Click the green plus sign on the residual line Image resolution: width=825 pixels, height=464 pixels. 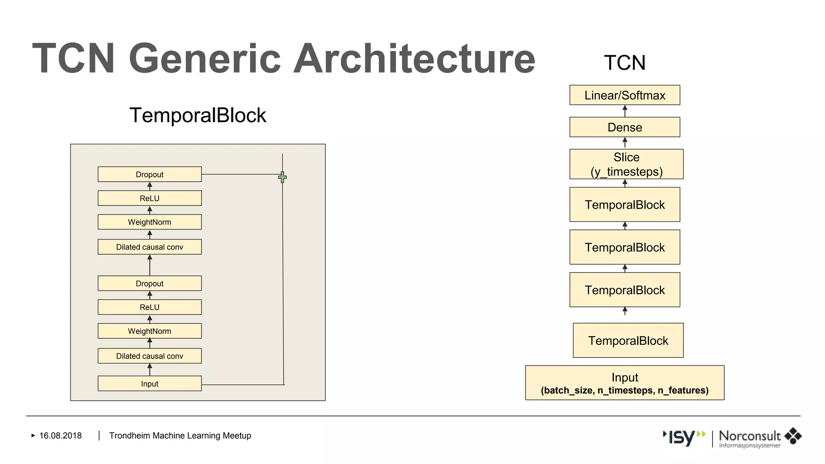(282, 177)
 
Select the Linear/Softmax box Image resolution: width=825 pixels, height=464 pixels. (624, 95)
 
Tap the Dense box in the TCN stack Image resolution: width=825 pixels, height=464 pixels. (624, 127)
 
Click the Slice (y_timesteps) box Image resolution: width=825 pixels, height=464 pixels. (626, 164)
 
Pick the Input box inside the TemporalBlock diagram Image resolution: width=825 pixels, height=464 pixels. (149, 383)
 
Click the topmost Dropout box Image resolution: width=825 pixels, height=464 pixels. (149, 174)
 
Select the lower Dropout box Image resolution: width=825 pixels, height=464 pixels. (149, 283)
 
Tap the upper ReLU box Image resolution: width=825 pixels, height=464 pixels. (149, 198)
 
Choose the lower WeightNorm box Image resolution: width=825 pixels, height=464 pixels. (149, 331)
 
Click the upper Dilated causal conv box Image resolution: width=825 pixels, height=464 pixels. (149, 247)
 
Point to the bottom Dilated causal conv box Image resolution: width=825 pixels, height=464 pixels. (149, 356)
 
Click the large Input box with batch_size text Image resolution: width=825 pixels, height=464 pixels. (624, 383)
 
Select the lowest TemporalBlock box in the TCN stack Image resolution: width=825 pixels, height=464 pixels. (628, 340)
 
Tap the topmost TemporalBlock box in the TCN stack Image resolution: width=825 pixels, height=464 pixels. (624, 205)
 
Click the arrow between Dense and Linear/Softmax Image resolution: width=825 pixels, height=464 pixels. (625, 111)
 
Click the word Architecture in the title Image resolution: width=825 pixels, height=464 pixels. (414, 59)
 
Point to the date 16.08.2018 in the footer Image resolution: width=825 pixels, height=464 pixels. (60, 435)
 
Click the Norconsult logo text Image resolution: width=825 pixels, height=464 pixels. (749, 436)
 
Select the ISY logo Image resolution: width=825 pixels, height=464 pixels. (683, 437)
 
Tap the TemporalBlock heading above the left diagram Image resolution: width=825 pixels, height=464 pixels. (197, 115)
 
